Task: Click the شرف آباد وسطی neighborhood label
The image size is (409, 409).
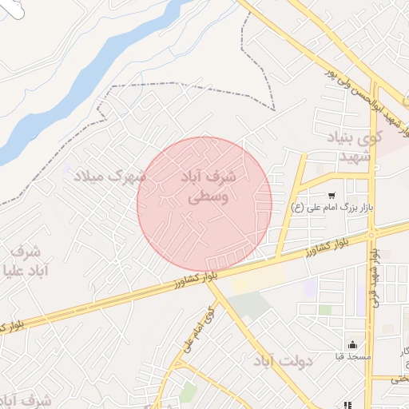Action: coord(205,185)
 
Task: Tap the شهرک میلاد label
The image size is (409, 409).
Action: coord(109,174)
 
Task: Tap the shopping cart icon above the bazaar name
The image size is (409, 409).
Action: coord(332,196)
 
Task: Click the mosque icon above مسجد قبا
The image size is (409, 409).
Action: coord(352,344)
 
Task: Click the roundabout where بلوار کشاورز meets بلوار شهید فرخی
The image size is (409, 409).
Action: coord(371,233)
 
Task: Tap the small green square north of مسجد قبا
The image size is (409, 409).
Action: coord(325,309)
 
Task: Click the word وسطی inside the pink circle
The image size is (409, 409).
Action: coord(212,197)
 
